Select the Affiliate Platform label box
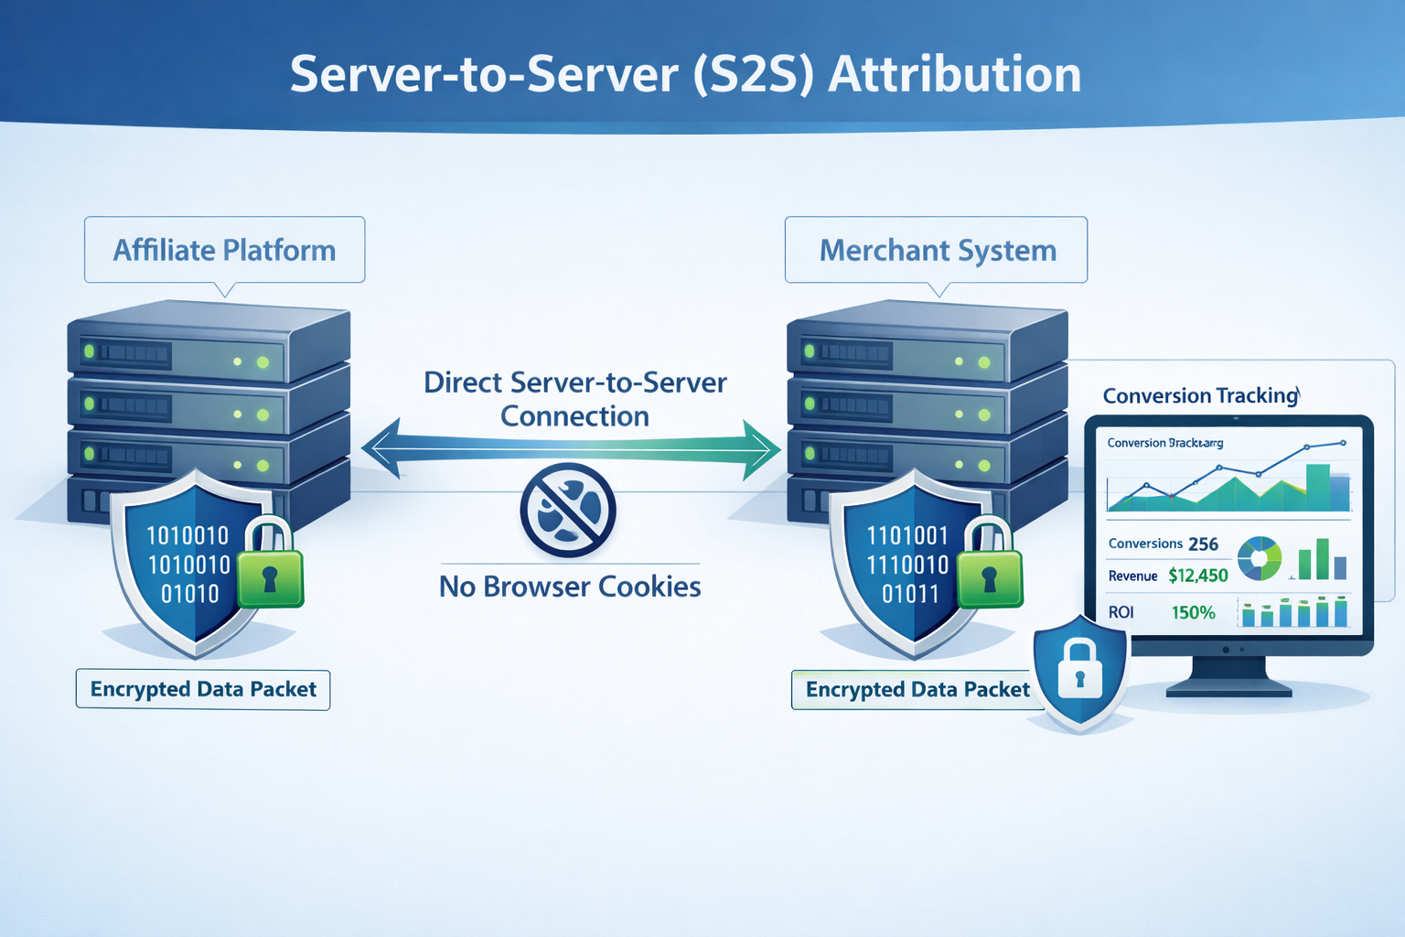pos(224,250)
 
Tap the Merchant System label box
pos(937,250)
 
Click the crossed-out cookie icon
pos(568,510)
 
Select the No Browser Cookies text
pos(570,587)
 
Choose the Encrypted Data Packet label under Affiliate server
pos(203,689)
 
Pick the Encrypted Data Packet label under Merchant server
pos(917,689)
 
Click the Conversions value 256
pos(1203,544)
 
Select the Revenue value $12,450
pos(1197,576)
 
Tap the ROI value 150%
pos(1193,613)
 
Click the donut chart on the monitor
pos(1260,558)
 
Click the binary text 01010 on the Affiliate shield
pos(189,594)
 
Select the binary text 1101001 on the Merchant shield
pos(907,535)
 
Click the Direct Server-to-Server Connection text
pos(574,399)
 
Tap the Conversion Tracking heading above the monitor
pos(1200,395)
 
